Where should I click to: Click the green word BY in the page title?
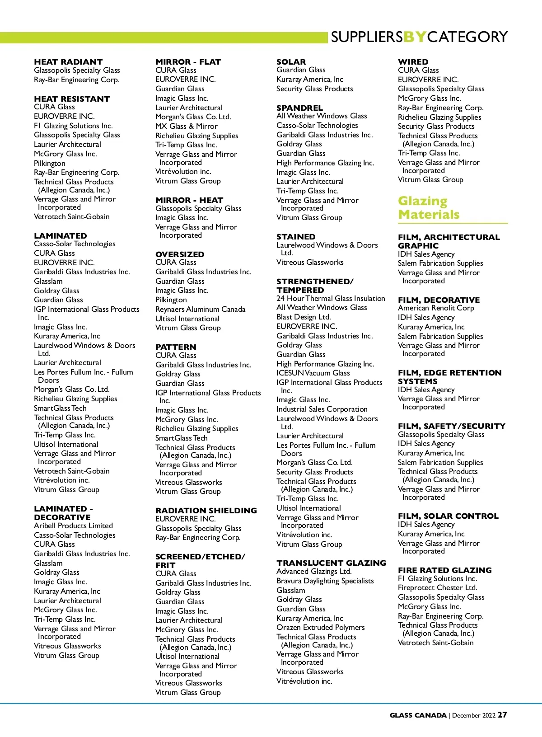coord(415,37)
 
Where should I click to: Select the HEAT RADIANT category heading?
coord(68,62)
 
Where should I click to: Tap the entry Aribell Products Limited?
coord(73,526)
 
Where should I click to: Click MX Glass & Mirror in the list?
coord(186,126)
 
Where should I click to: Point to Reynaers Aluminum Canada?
coord(200,309)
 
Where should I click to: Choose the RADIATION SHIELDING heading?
coord(206,510)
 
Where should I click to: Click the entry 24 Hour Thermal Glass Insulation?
coord(331,298)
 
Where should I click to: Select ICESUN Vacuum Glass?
coord(313,373)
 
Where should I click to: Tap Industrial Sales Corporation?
coord(322,409)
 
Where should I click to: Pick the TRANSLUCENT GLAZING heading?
coord(331,563)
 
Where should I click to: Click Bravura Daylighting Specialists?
coord(325,581)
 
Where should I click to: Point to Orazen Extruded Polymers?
coord(320,627)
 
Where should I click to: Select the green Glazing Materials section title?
coord(428,207)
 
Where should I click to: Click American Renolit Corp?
coord(436,308)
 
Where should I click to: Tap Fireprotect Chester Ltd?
coord(437,587)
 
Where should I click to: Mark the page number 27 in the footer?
coord(502,715)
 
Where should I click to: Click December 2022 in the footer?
coord(474,715)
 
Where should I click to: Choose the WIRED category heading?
coord(413,62)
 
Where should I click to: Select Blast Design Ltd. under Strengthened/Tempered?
coord(304,317)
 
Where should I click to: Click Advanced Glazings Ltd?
coord(314,571)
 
